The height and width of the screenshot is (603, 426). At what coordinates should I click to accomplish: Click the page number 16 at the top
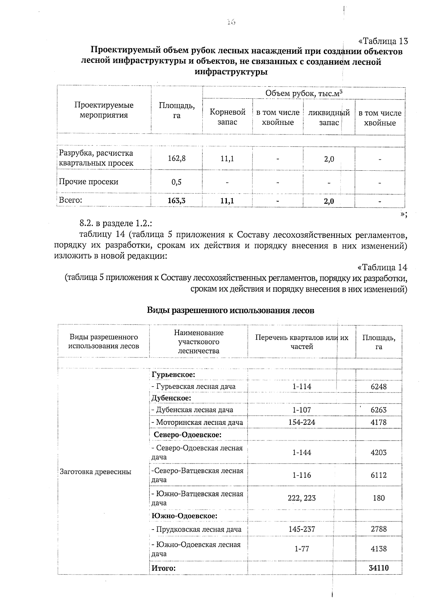click(231, 22)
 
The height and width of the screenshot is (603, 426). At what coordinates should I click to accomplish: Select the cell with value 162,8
click(176, 158)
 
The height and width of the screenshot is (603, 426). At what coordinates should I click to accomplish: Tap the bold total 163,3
click(176, 201)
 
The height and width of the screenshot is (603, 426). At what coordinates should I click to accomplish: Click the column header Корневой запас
click(227, 117)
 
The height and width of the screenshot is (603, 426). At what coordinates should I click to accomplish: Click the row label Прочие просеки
click(88, 182)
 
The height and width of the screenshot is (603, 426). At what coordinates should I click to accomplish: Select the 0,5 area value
click(176, 182)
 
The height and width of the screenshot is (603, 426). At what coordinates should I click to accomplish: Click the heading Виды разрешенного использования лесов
click(230, 311)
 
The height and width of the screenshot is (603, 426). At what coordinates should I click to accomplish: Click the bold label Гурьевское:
click(173, 375)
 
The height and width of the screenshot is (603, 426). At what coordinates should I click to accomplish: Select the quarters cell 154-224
click(301, 422)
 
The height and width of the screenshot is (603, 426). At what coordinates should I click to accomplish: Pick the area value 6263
click(378, 410)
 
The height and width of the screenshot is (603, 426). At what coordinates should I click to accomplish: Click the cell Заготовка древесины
click(95, 472)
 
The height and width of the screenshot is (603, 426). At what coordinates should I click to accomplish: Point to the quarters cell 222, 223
click(301, 498)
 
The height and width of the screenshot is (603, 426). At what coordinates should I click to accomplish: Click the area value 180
click(378, 498)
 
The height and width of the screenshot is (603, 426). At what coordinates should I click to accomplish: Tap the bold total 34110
click(378, 568)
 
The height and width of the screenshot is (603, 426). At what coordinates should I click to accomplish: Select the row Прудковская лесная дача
click(196, 529)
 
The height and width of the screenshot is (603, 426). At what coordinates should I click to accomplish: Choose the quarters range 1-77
click(301, 549)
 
